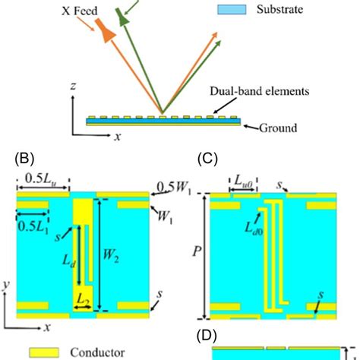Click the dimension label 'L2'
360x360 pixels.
click(83, 302)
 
